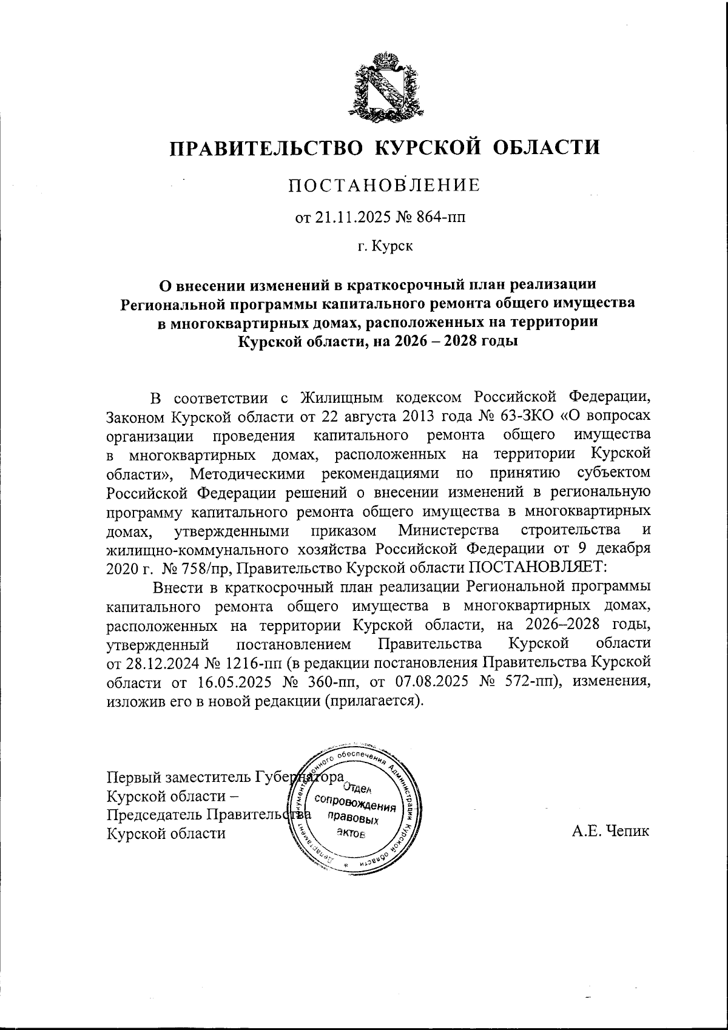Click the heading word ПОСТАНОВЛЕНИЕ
(x=383, y=185)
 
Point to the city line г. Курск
(x=383, y=247)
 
